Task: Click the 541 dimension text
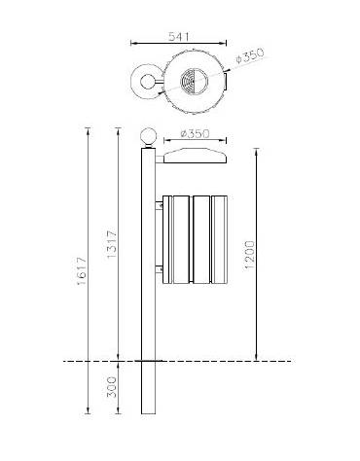click(178, 36)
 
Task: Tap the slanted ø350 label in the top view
click(250, 55)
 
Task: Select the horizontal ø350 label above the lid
click(196, 133)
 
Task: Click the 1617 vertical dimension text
click(82, 270)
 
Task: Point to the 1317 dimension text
click(112, 244)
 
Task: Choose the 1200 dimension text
click(250, 255)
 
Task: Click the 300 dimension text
click(112, 387)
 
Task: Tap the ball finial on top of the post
click(148, 138)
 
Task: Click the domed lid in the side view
click(196, 156)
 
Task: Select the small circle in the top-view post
click(147, 81)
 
